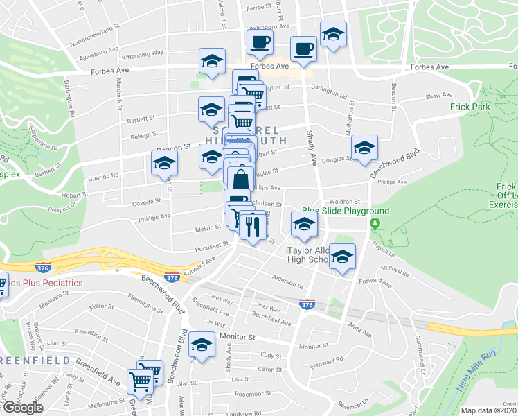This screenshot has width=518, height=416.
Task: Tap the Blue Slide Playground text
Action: pyautogui.click(x=344, y=211)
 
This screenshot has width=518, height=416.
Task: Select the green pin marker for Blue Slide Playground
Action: pyautogui.click(x=375, y=224)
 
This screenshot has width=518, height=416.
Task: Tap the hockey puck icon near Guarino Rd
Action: pyautogui.click(x=164, y=163)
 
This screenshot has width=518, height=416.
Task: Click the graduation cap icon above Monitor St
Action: pyautogui.click(x=202, y=345)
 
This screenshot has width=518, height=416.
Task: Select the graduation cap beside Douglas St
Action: pyautogui.click(x=364, y=147)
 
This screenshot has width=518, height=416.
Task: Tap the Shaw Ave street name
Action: pyautogui.click(x=438, y=96)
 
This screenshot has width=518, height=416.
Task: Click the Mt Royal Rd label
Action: pyautogui.click(x=393, y=268)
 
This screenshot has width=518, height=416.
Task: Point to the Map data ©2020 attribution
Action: pyautogui.click(x=488, y=410)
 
